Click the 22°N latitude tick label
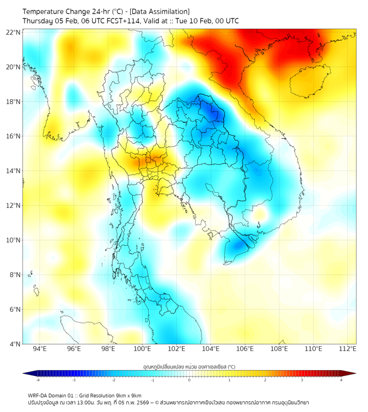pyautogui.click(x=14, y=32)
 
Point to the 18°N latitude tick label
pyautogui.click(x=14, y=102)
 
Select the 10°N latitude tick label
pyautogui.click(x=14, y=240)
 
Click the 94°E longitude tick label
pyautogui.click(x=40, y=349)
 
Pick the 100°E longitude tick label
pyautogui.click(x=143, y=349)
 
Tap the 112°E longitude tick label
pyautogui.click(x=348, y=349)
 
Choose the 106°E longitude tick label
pyautogui.click(x=246, y=349)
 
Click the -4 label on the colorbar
pyautogui.click(x=37, y=380)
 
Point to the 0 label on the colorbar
pyautogui.click(x=189, y=380)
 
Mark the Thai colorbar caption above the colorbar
pyautogui.click(x=189, y=367)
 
